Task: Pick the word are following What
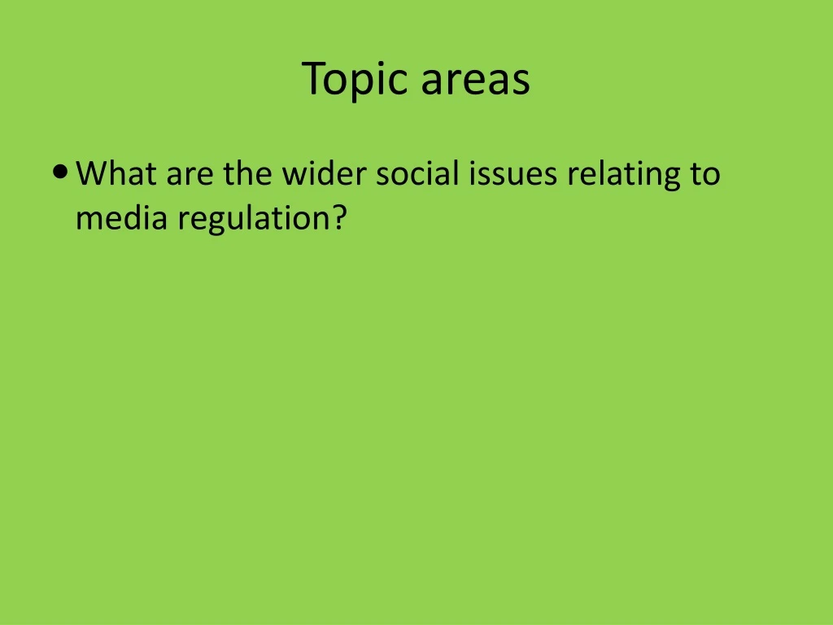tap(189, 173)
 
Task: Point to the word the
tap(247, 173)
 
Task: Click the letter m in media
tap(87, 220)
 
